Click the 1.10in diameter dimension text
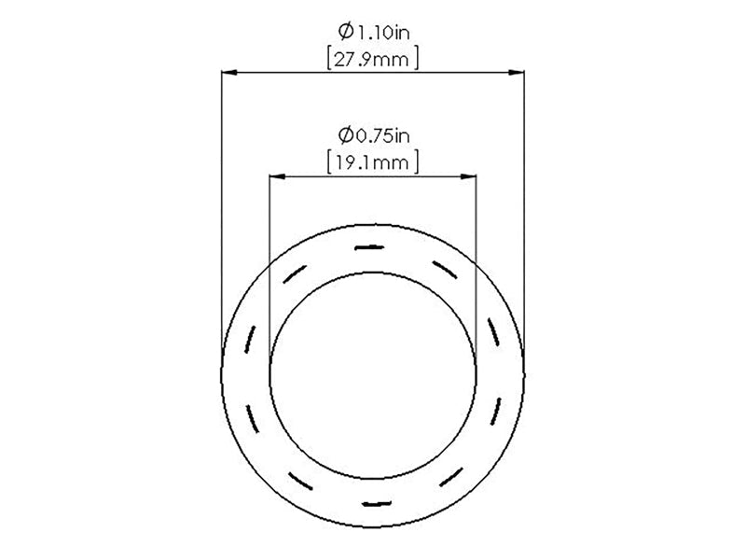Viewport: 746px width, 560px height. click(374, 32)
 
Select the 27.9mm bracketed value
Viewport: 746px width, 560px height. click(371, 60)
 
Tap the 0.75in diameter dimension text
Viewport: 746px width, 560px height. click(374, 135)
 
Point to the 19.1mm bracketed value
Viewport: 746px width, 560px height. click(372, 163)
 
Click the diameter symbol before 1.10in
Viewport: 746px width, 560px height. click(346, 32)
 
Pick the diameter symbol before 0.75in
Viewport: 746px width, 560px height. click(346, 135)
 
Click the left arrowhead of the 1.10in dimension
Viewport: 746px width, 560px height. click(229, 73)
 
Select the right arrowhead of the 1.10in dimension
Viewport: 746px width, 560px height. click(517, 73)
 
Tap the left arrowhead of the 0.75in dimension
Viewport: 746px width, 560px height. click(277, 176)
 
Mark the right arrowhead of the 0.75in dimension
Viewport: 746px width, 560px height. click(469, 176)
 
